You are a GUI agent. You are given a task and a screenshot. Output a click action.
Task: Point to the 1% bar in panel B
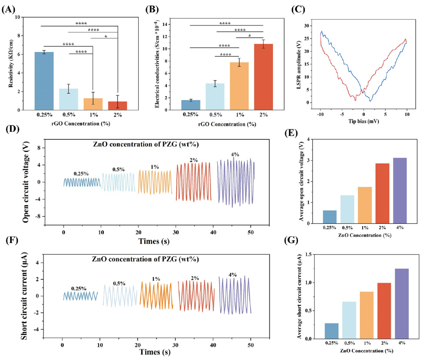coord(239,86)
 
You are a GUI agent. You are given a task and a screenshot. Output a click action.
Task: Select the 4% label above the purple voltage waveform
coord(235,154)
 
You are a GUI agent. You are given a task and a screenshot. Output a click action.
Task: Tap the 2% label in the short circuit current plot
coord(194,278)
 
